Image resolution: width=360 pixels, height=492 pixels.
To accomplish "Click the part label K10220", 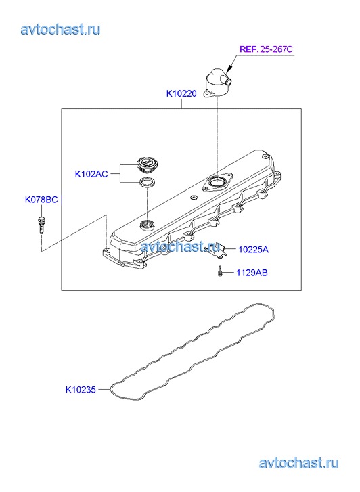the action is point(181,93).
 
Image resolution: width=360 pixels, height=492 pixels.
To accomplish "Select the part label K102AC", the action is point(91,174).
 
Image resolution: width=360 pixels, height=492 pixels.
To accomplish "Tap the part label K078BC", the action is point(41,200).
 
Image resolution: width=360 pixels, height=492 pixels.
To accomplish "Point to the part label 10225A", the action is point(253,250).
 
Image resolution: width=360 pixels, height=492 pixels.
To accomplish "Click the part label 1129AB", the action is point(252,273).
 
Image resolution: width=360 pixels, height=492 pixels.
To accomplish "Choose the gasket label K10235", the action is point(81,390).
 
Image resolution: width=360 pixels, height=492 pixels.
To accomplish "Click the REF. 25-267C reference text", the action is point(266,49).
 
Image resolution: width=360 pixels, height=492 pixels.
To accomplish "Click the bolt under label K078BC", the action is point(41,225).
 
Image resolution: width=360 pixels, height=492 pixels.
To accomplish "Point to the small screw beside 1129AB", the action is point(220,271).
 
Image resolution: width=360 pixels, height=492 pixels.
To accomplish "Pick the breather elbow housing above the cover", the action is point(217,83).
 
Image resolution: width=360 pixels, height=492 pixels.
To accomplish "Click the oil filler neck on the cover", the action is point(147,224).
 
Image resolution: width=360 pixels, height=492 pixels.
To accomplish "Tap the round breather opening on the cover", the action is point(217,181).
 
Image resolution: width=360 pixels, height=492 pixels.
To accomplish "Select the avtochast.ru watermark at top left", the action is point(60,30).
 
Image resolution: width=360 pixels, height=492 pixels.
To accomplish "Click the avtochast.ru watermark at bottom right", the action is point(299,463).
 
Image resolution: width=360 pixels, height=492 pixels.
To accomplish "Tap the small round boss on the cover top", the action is point(193,198).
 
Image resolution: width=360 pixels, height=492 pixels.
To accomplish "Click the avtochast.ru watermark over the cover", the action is point(180,246).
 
